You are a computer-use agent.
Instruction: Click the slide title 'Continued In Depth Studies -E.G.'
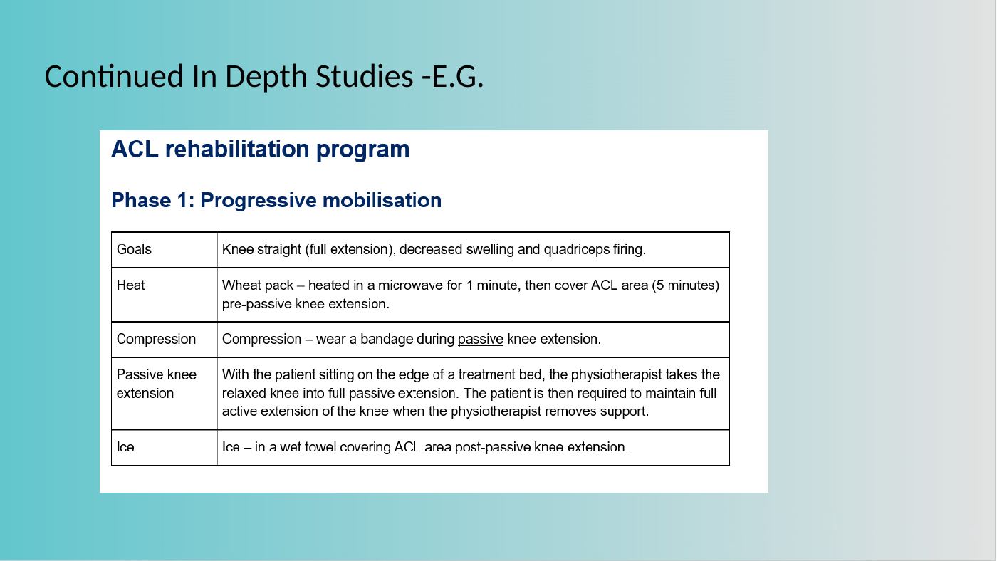(264, 76)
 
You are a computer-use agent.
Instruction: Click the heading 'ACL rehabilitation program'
(261, 150)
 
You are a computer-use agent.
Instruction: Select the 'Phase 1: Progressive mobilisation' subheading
(276, 201)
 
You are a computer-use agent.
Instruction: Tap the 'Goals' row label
(134, 250)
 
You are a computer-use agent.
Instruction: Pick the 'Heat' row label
(130, 285)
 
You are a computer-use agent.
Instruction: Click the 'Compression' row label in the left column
(156, 340)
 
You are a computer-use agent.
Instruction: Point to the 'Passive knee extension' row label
(157, 384)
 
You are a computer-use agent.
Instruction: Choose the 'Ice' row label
(125, 447)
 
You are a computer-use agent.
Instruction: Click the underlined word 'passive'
(480, 340)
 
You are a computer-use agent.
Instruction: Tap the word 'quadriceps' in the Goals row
(576, 250)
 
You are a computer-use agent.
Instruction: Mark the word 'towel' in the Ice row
(320, 447)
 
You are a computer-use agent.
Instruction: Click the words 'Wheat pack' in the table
(258, 285)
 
